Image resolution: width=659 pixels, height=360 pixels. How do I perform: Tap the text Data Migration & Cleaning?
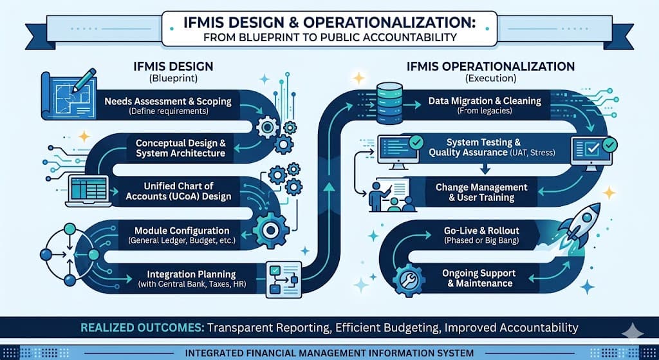[x=485, y=101]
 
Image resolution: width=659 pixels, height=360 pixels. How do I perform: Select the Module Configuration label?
[x=181, y=231]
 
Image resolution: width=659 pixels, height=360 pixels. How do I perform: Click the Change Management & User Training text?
[x=481, y=192]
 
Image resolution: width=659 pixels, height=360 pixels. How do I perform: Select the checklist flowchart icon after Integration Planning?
[x=284, y=278]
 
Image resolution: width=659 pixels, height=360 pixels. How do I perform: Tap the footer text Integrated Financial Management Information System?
[x=329, y=353]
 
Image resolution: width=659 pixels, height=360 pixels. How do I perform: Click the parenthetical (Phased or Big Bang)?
[x=481, y=240]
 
